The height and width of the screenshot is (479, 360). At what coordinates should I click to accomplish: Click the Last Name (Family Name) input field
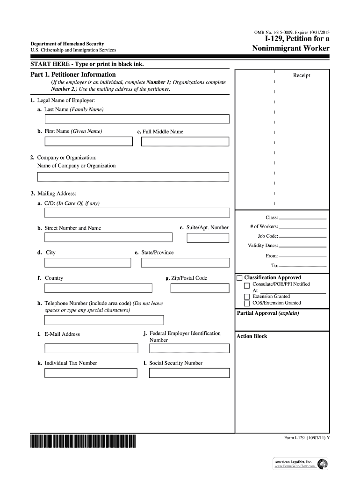click(x=137, y=119)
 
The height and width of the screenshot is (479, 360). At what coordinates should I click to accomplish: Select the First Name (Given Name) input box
click(x=88, y=141)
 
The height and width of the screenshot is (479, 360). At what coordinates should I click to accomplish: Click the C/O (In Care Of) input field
click(x=137, y=213)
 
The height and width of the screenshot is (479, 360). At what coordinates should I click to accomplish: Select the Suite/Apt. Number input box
click(x=208, y=238)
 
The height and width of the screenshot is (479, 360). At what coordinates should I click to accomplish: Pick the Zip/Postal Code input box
click(x=200, y=288)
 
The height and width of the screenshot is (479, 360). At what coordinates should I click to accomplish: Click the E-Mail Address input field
click(x=91, y=348)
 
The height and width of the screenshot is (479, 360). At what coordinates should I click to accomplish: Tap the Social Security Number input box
click(x=189, y=373)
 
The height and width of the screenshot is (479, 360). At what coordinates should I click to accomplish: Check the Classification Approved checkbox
click(x=239, y=278)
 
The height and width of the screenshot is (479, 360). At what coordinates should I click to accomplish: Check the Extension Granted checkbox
click(x=247, y=297)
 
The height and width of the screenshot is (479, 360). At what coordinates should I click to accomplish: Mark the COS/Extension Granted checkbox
click(x=247, y=303)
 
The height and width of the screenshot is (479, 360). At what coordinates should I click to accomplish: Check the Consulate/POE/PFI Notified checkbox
click(x=247, y=285)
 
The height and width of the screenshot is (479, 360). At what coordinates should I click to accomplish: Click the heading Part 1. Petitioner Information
click(x=73, y=74)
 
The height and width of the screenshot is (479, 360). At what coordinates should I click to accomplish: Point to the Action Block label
click(x=252, y=336)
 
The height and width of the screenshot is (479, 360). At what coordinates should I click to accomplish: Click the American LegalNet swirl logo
click(x=322, y=464)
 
